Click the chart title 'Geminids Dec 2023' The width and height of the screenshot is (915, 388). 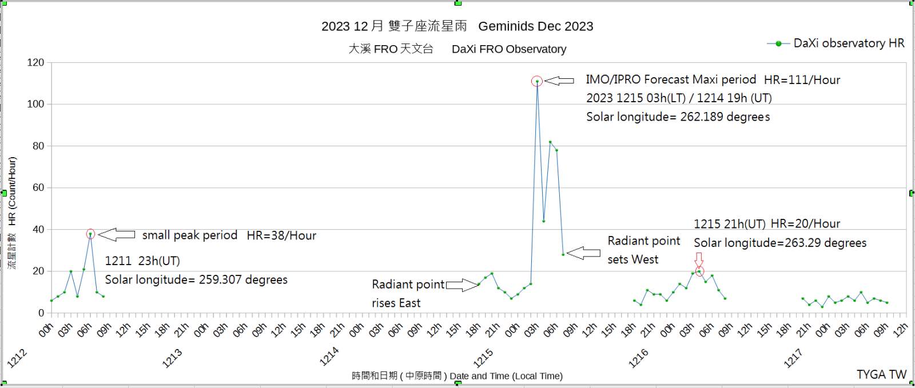(x=535, y=26)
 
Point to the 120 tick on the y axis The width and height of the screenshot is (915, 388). (x=35, y=63)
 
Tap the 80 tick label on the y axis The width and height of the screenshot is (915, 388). (x=38, y=146)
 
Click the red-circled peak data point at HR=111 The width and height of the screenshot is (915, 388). (x=536, y=81)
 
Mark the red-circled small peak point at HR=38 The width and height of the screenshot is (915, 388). (x=90, y=234)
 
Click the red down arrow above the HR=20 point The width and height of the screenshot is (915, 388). (x=698, y=260)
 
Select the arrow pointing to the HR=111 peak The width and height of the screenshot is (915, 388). (x=559, y=81)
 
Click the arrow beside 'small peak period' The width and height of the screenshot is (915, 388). (x=117, y=234)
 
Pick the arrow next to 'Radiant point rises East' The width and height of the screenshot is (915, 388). (x=462, y=285)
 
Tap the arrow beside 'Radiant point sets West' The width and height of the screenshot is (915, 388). (x=583, y=253)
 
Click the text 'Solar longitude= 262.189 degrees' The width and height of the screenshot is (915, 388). (x=678, y=117)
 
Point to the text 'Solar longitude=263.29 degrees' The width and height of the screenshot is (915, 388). (x=780, y=243)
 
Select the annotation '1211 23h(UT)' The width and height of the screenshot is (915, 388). (x=142, y=261)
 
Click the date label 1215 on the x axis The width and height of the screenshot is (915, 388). (x=483, y=358)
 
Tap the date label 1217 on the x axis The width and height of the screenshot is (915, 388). (x=793, y=358)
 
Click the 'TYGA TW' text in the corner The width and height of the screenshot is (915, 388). (x=881, y=374)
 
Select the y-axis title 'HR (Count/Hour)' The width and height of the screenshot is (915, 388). (x=12, y=191)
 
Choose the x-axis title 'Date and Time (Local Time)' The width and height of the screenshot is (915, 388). (x=506, y=376)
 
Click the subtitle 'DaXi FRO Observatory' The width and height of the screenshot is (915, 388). (x=509, y=49)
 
